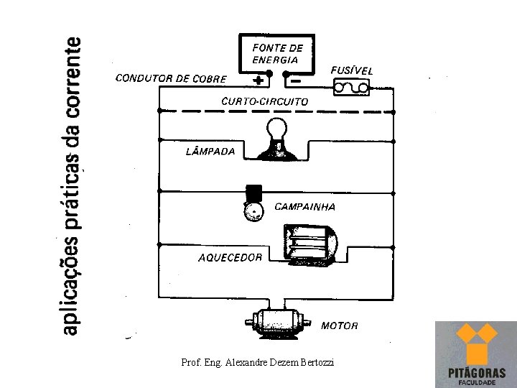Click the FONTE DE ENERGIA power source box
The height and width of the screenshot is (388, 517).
tap(276, 54)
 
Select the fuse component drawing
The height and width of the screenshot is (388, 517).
tap(351, 88)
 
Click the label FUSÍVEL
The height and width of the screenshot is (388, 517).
tap(352, 70)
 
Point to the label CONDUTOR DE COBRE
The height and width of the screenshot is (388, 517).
tap(171, 79)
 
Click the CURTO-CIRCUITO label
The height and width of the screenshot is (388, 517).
tap(265, 101)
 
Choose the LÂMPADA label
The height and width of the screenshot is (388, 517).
tap(210, 152)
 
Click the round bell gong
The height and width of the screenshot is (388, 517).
tap(253, 211)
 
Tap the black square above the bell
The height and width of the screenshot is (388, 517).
tap(253, 193)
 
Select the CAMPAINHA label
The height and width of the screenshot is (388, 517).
tap(305, 207)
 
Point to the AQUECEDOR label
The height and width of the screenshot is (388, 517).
tap(230, 257)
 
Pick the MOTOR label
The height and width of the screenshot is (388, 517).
tap(340, 325)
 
